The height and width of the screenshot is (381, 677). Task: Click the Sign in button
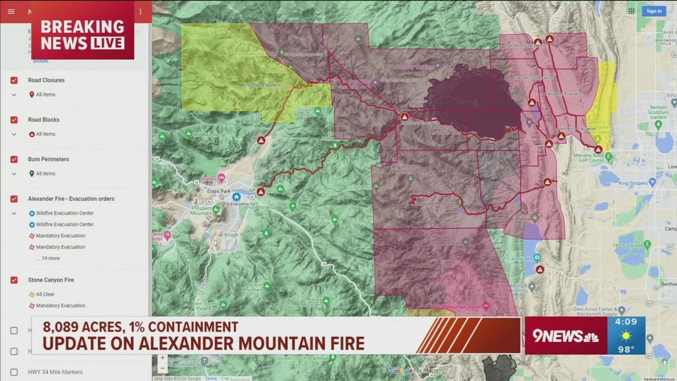(x=654, y=11)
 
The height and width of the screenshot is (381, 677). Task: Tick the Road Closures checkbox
(x=14, y=80)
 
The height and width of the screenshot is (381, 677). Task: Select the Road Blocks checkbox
(x=14, y=119)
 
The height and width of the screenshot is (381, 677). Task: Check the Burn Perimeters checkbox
(x=14, y=159)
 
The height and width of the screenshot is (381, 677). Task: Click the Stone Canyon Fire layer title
(x=50, y=279)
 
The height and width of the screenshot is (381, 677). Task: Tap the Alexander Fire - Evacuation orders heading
(x=71, y=199)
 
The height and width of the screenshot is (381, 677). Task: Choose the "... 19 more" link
(x=48, y=259)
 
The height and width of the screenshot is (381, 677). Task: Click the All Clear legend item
(x=45, y=294)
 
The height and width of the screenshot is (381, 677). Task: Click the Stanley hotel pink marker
(x=222, y=177)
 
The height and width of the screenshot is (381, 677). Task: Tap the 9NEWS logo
(x=564, y=336)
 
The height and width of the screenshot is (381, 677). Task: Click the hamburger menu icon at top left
(x=11, y=11)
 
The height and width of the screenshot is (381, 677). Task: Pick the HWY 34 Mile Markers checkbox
(x=14, y=372)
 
